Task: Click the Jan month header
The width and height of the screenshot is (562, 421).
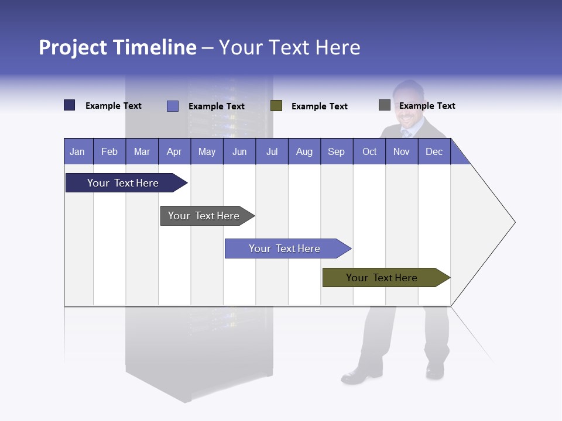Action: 77,151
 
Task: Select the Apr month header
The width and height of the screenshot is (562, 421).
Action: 174,151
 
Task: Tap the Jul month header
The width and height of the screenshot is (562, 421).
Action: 272,151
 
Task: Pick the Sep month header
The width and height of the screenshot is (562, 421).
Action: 336,151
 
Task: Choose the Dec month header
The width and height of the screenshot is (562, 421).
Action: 434,151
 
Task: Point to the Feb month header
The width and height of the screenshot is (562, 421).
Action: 109,151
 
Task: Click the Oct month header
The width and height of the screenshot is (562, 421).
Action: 369,151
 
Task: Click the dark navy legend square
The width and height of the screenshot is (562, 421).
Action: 70,105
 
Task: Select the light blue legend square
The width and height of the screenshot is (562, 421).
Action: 173,106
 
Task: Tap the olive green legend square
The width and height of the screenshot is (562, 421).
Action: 276,106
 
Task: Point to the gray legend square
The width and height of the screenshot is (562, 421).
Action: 385,105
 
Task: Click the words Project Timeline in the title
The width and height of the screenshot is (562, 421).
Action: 117,47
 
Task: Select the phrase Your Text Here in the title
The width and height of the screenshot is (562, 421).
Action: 290,47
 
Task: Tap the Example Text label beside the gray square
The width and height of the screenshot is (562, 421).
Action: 427,106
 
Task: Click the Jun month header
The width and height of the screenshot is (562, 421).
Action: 239,151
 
